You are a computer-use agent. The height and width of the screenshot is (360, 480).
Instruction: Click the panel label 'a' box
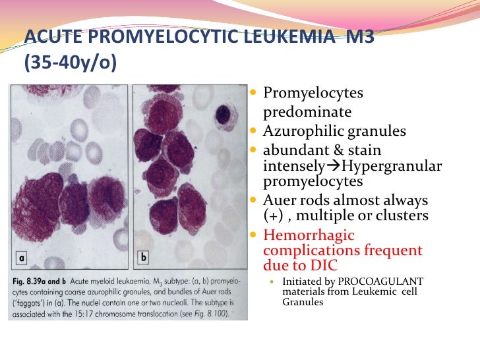21,253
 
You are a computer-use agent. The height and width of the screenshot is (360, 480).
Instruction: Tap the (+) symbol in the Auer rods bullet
273,216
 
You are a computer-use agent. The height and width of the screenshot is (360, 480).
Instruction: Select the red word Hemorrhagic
309,235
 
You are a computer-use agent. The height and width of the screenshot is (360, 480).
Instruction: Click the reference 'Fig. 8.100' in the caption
209,315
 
